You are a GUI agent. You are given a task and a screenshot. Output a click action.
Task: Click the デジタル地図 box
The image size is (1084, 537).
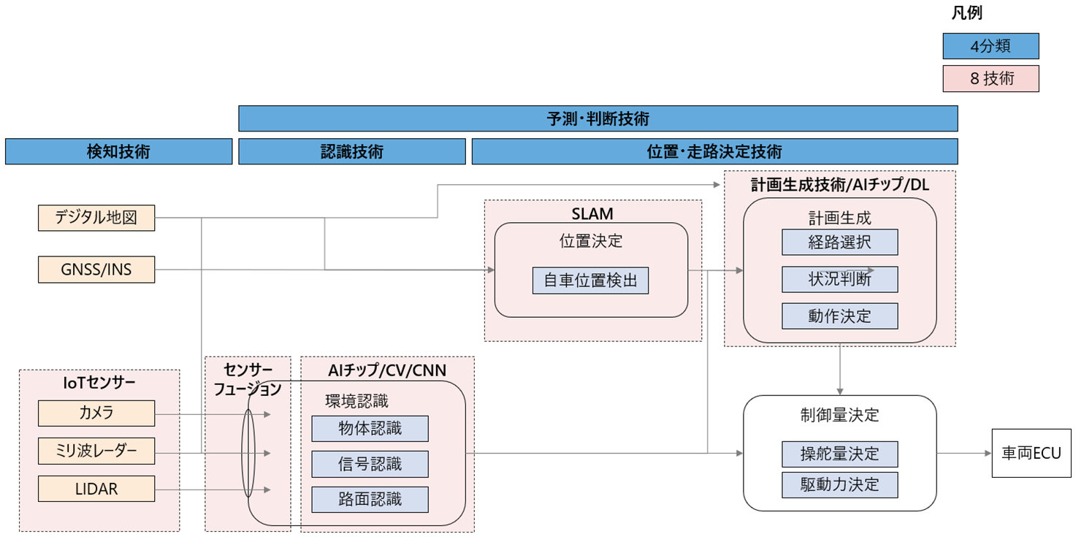point(96,218)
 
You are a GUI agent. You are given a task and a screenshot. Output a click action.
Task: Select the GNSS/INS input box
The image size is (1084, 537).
point(96,270)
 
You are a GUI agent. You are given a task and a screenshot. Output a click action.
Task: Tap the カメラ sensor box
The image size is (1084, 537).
point(96,413)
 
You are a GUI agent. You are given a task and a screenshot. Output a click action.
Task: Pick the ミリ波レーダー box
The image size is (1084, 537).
point(96,451)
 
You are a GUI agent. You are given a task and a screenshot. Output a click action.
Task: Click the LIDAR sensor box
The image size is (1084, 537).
point(96,489)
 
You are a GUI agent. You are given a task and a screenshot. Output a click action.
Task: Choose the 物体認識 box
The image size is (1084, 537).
point(370,429)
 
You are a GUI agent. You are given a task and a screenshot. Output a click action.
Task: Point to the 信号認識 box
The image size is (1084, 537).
point(370,464)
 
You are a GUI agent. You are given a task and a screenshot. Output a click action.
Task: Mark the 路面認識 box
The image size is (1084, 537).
point(370,499)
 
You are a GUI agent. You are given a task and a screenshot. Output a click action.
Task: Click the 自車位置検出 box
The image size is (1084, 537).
point(590,281)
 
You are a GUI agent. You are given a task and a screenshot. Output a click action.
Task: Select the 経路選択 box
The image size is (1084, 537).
point(839,243)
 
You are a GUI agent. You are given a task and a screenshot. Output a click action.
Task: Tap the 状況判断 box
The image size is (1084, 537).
point(839,279)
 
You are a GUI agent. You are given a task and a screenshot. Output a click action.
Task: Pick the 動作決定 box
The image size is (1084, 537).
point(839,316)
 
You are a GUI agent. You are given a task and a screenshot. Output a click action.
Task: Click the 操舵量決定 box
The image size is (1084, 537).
point(839,454)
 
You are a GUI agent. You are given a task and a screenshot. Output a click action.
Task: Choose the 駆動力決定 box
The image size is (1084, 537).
point(839,484)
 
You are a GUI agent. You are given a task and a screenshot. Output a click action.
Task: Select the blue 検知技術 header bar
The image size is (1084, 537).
point(118,152)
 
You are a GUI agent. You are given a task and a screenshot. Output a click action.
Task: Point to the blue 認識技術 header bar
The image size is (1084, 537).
point(351,152)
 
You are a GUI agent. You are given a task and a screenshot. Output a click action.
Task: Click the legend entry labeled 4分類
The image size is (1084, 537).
point(991,46)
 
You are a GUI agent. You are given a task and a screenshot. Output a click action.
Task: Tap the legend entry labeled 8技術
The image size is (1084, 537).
point(991,79)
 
